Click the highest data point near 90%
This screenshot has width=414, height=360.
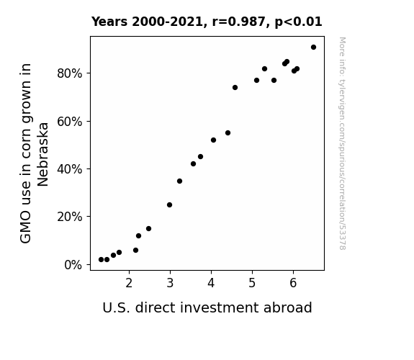coord(313,48)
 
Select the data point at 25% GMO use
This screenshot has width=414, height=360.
coord(169,205)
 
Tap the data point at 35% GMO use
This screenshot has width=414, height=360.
coord(179,181)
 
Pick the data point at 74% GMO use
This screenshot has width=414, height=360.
coord(235,87)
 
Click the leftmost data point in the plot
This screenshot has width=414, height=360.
coord(101,260)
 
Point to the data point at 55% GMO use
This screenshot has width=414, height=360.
coord(228,133)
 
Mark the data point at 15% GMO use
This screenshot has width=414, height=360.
coord(148,229)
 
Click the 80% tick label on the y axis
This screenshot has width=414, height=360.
coord(69,73)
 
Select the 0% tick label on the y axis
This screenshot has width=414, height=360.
coord(73,265)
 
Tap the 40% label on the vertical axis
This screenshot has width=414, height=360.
coord(69,169)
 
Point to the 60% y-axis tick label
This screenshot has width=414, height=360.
coord(69,122)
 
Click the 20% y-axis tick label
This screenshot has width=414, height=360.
coord(69,217)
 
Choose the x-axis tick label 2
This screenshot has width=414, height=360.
coord(129,283)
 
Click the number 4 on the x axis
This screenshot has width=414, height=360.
coord(211,283)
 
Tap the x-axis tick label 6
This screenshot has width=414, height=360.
coord(293,283)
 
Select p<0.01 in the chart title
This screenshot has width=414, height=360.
coord(298,22)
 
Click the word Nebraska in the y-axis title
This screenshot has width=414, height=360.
coord(42,155)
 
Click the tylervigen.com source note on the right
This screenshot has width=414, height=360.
coord(342,143)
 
